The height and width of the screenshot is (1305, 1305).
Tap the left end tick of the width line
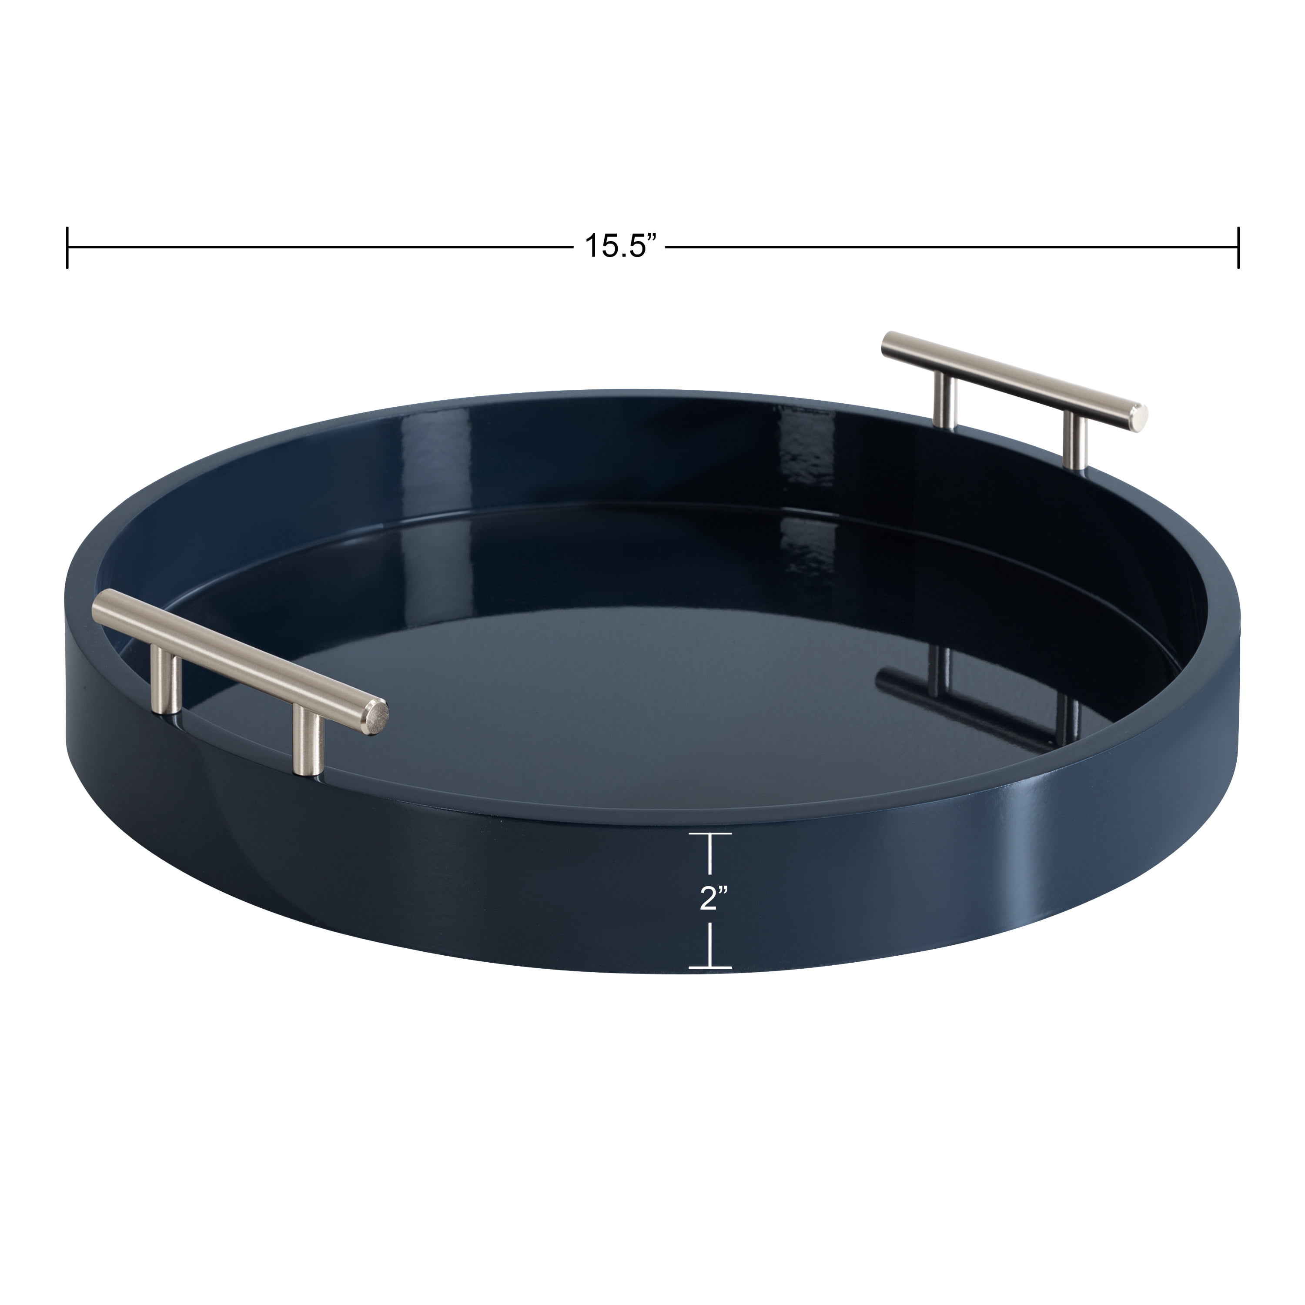click(67, 248)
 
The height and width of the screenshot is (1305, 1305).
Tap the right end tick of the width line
click(1238, 248)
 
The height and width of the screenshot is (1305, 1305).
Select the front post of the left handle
click(306, 744)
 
